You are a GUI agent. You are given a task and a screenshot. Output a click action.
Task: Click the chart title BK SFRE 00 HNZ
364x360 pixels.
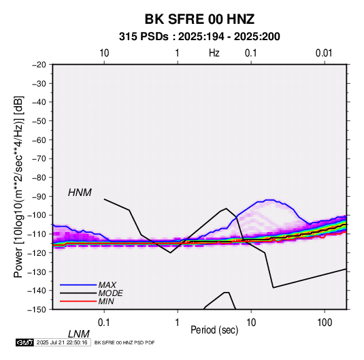199,19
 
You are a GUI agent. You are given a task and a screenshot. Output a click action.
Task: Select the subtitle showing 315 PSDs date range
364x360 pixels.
199,37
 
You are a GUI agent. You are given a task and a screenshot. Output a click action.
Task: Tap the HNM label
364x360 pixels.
80,193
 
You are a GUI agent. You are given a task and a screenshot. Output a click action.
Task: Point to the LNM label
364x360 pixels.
78,334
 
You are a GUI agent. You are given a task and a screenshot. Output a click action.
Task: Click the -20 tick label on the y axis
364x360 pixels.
39,65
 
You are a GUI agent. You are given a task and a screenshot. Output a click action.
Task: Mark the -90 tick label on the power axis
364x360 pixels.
39,196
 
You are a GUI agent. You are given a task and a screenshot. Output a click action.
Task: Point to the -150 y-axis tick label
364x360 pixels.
37,310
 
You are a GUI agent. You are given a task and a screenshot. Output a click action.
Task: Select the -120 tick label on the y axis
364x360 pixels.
37,252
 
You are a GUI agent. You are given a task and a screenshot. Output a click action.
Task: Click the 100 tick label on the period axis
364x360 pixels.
324,323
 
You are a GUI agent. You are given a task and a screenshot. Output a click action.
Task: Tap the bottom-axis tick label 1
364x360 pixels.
178,323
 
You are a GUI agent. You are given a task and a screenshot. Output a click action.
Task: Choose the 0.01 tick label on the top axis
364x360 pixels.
324,53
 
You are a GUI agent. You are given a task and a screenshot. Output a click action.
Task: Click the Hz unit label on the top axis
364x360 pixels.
214,53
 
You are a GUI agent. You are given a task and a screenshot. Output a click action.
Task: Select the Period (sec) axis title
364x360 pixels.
214,330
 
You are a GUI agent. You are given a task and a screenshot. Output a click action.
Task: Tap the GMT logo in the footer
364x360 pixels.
24,342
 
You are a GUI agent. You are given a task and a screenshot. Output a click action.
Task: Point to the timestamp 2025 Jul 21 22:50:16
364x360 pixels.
62,342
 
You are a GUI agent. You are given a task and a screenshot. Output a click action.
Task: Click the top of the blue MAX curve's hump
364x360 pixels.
269,200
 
